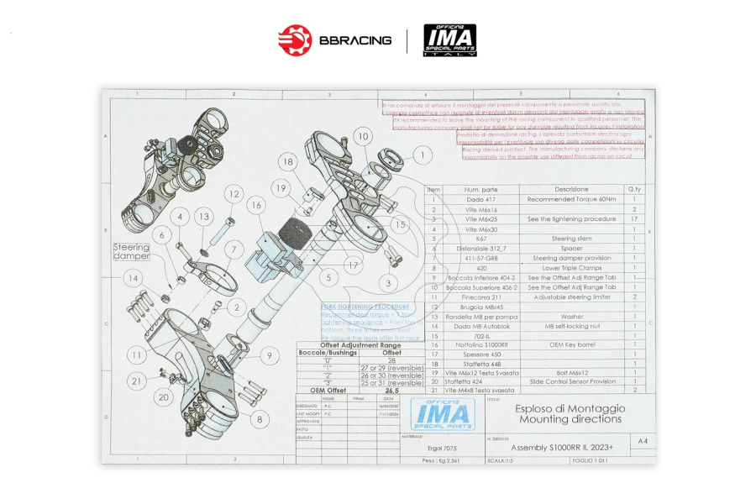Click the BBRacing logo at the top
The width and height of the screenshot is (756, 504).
tap(334, 40)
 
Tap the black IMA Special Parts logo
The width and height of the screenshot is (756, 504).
tap(449, 40)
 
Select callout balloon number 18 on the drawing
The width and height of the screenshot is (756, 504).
tap(288, 161)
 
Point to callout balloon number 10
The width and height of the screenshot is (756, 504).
tap(362, 136)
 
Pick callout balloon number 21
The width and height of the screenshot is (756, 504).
tap(137, 381)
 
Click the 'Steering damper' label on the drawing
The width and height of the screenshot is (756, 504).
tap(132, 251)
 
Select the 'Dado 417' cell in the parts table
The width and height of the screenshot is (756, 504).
tap(481, 200)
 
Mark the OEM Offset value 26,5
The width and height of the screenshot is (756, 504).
tap(392, 391)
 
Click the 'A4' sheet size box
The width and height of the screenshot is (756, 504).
tap(643, 441)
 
